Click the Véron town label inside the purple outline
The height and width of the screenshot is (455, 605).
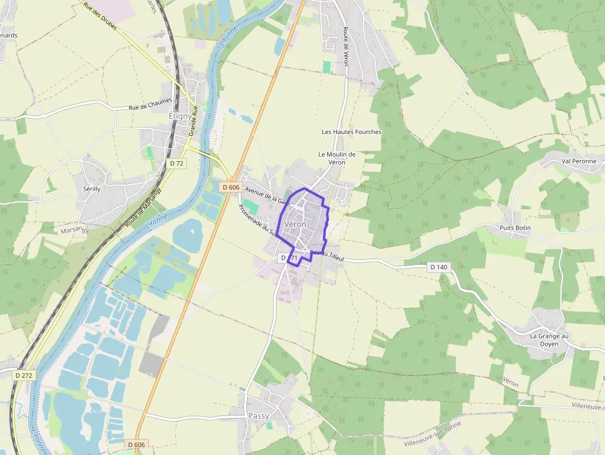[x=295, y=225]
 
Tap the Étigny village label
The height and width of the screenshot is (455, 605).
[x=180, y=115]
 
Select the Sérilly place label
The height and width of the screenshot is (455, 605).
[x=86, y=189]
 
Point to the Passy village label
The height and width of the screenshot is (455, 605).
[x=259, y=416]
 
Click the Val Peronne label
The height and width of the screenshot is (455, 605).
[x=579, y=161]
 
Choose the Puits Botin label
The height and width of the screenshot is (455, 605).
[x=515, y=228]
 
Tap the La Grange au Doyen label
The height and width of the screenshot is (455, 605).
[x=544, y=340]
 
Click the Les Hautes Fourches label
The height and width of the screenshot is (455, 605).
[x=352, y=131]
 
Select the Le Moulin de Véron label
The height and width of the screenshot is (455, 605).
[x=336, y=158]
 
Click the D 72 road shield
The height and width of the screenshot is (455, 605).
[x=177, y=163]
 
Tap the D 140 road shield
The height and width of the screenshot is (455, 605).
[x=439, y=267]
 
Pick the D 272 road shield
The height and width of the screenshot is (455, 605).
[x=24, y=375]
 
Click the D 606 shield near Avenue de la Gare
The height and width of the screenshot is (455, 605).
[x=230, y=187]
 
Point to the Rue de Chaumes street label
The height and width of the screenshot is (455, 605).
[x=150, y=106]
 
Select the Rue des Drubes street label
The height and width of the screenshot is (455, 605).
[x=99, y=19]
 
